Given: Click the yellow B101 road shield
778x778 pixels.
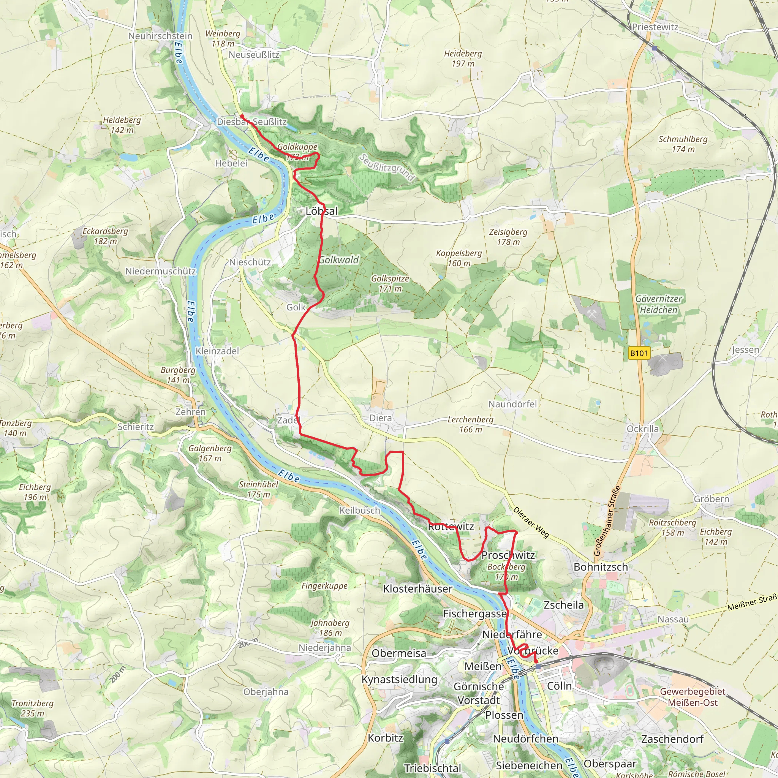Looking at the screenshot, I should pyautogui.click(x=639, y=353).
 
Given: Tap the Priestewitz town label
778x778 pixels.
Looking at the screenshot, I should pyautogui.click(x=655, y=27).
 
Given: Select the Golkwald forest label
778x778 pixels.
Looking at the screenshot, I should pyautogui.click(x=338, y=260).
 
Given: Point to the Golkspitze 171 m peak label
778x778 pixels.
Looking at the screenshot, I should pyautogui.click(x=390, y=283).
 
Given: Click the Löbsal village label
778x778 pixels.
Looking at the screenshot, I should pyautogui.click(x=321, y=210).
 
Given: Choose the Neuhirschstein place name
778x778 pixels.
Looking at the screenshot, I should pyautogui.click(x=160, y=36).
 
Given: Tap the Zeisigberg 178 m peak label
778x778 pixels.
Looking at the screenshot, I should pyautogui.click(x=508, y=237).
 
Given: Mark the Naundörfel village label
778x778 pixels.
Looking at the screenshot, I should pyautogui.click(x=512, y=404).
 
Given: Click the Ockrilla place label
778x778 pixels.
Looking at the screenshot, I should pyautogui.click(x=642, y=429).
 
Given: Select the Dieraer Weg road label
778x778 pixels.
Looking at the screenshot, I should pyautogui.click(x=531, y=522).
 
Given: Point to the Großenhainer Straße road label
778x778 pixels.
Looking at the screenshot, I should pyautogui.click(x=607, y=521).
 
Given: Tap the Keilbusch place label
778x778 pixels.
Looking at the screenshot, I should pyautogui.click(x=359, y=510).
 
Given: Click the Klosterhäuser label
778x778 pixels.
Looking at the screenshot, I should pyautogui.click(x=417, y=588).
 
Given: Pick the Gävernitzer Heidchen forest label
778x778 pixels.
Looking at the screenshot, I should pyautogui.click(x=658, y=304).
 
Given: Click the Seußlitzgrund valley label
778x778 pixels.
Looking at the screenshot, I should pyautogui.click(x=387, y=168).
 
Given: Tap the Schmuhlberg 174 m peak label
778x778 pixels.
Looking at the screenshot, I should pyautogui.click(x=683, y=144).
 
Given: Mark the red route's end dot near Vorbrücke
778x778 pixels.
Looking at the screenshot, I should pyautogui.click(x=536, y=661).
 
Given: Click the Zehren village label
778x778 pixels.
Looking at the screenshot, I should pyautogui.click(x=190, y=411).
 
